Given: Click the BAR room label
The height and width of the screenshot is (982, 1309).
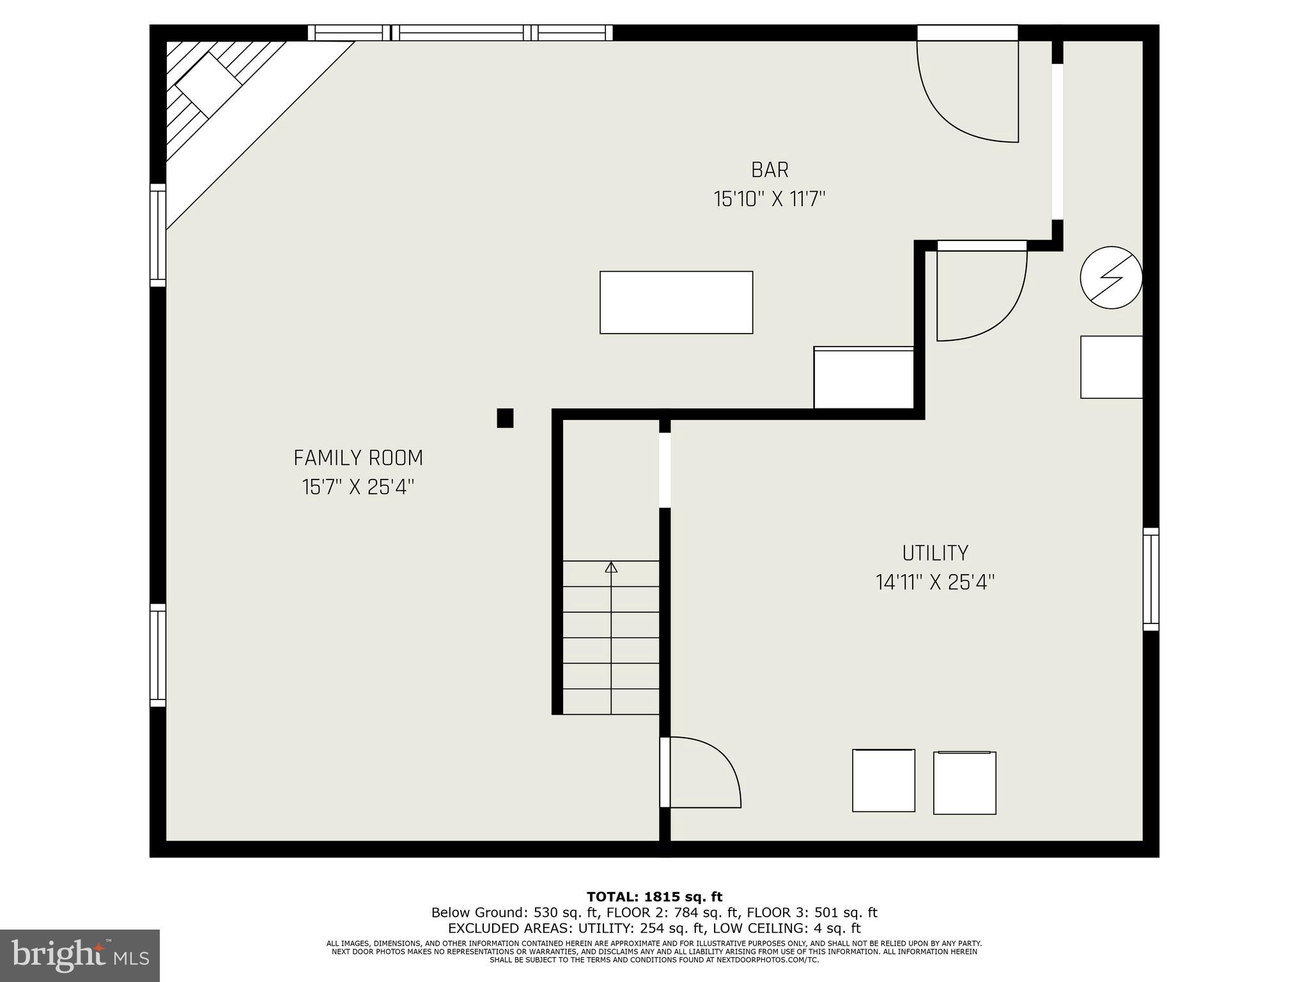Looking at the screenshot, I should [770, 170].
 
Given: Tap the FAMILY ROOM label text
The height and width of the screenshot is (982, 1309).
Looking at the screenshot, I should [358, 458].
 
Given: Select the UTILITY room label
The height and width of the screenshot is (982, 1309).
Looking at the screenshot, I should [934, 553].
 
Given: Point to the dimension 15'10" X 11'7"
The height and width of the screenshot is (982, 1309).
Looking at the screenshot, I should [770, 199].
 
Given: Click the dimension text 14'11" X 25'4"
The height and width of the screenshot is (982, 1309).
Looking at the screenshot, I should [934, 582].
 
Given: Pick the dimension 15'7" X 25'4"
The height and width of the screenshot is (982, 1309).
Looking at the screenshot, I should [358, 487].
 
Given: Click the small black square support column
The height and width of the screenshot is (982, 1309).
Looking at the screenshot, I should [505, 418].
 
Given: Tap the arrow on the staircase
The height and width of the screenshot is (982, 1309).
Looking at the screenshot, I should [611, 567].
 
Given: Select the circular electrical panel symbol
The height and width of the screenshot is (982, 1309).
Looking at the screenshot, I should [1111, 277].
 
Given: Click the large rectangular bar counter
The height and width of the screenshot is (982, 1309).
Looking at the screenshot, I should [676, 302].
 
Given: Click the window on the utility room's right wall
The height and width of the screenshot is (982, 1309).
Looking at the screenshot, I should [1150, 579].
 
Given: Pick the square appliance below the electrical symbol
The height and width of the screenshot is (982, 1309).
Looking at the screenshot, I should [1111, 367].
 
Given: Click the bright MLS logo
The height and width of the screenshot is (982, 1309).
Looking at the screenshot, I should [80, 955].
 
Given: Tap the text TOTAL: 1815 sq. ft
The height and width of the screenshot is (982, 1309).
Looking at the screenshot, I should [654, 897].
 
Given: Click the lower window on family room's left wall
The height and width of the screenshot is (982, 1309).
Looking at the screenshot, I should [158, 655].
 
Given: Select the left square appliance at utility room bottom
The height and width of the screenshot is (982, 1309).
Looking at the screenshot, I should [883, 781].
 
